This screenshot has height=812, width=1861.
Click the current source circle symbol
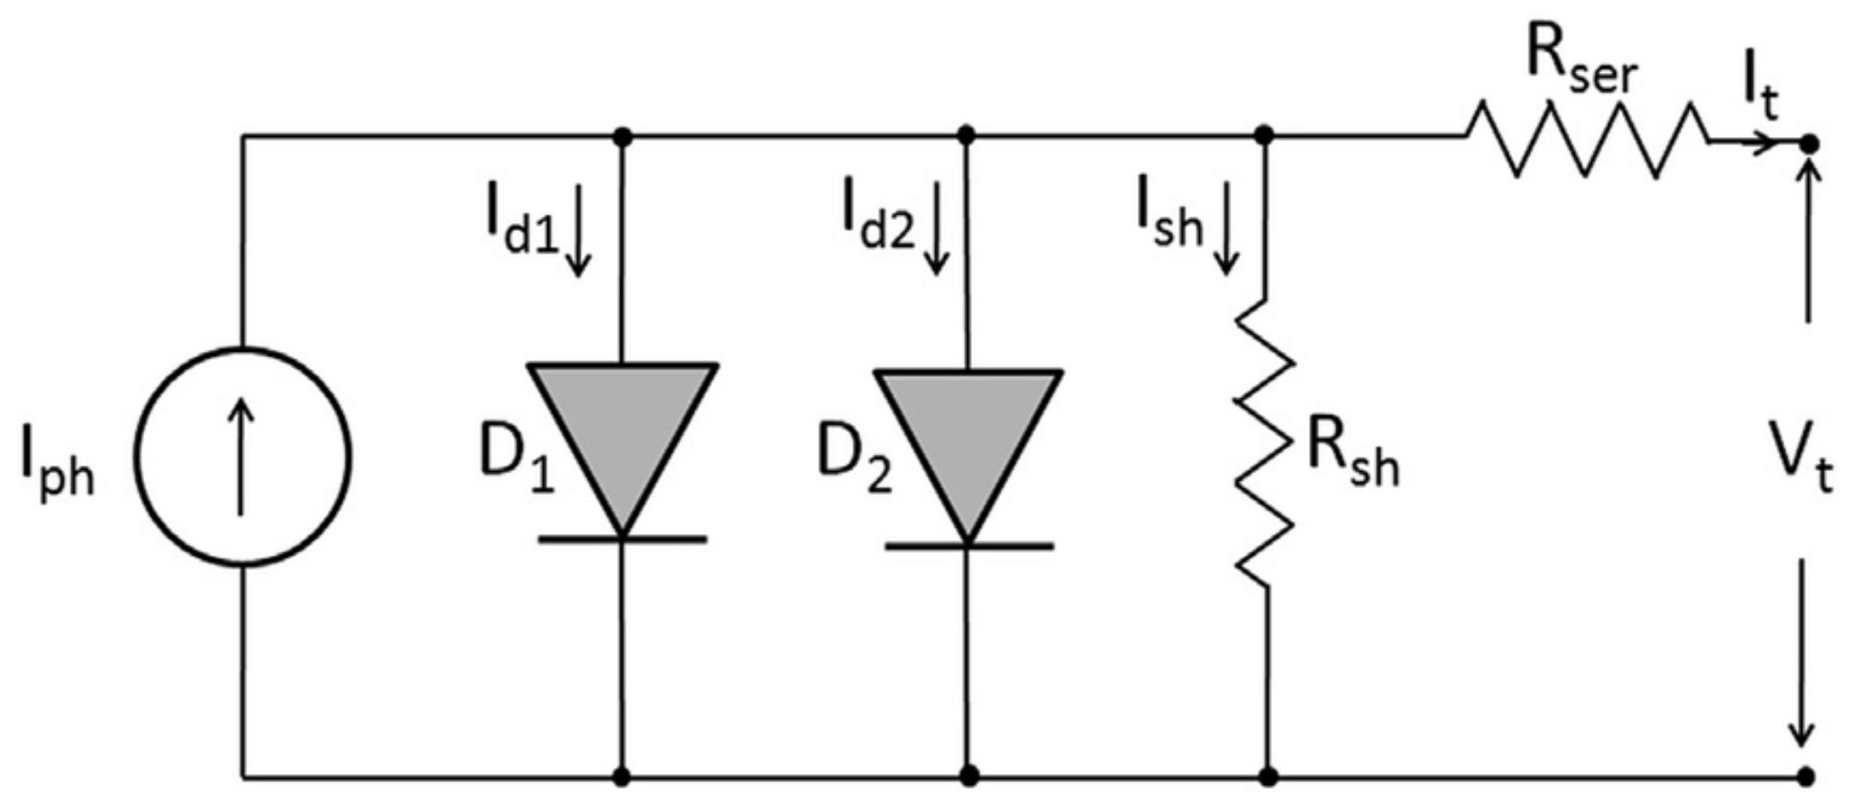(243, 457)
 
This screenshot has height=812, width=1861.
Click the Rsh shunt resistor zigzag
(1265, 442)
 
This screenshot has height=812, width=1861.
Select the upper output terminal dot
(1807, 143)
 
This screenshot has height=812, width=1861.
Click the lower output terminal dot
(1805, 776)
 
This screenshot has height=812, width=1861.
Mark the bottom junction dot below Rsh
(1268, 776)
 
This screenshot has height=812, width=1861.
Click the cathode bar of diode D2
(968, 546)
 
